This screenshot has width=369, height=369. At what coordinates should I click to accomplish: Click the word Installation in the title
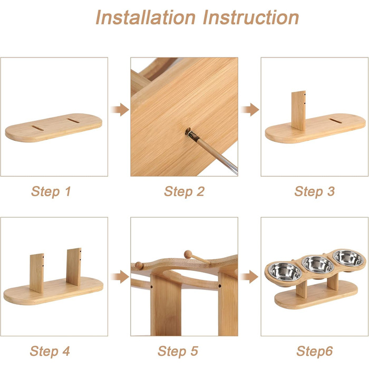145,17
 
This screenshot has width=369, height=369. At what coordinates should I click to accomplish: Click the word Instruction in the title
251,17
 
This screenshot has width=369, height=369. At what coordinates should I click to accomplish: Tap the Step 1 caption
51,191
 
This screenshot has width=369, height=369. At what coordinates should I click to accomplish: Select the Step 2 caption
184,191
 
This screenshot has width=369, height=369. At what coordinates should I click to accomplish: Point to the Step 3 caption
314,191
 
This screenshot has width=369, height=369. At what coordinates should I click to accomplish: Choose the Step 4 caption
50,352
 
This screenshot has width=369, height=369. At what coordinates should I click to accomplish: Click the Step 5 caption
178,352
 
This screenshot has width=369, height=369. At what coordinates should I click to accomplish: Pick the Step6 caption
314,352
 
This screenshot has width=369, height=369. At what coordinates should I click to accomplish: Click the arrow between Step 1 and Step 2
120,110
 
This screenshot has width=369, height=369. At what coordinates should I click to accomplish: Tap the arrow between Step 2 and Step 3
250,110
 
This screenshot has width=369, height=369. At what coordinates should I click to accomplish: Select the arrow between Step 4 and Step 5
120,277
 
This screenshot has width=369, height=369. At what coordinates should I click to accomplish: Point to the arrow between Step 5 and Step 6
249,277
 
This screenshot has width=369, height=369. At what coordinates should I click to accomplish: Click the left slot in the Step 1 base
37,128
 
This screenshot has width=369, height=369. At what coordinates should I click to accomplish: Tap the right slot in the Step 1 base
73,121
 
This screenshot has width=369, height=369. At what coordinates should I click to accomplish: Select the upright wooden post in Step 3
298,111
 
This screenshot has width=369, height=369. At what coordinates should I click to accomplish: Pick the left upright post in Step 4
37,273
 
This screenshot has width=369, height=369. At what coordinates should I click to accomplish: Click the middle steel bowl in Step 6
318,265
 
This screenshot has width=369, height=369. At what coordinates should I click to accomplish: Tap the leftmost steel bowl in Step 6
286,271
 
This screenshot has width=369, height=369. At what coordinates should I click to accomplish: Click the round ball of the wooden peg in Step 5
188,255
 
